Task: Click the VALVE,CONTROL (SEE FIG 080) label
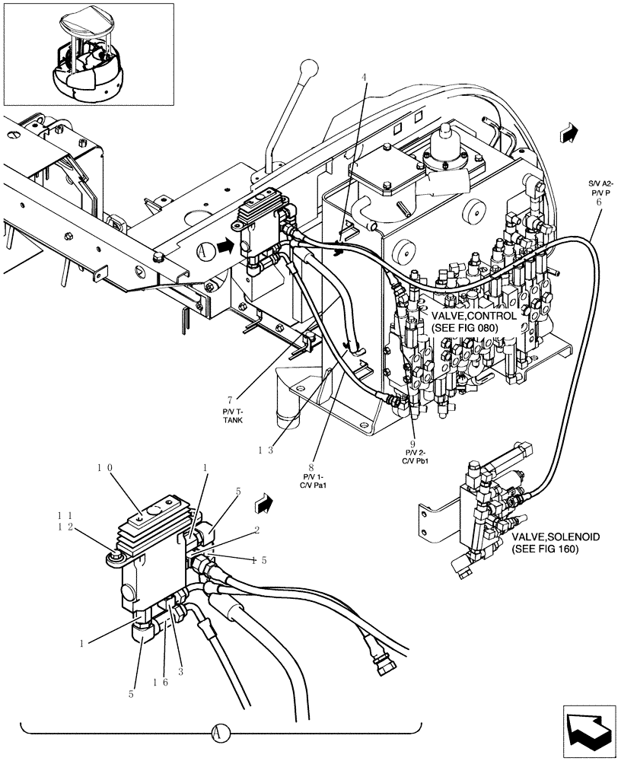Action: pos(473,321)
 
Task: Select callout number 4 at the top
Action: pos(364,77)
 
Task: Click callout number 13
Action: pos(265,450)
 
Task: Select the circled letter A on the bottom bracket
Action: pos(218,734)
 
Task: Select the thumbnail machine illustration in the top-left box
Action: pos(88,54)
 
